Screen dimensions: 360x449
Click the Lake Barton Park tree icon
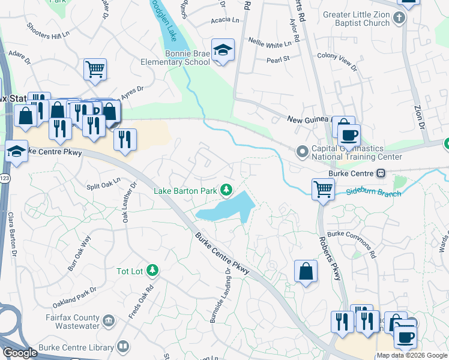tap(226, 191)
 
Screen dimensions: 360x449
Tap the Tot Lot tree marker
tap(152, 271)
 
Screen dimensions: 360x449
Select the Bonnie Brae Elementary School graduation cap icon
tap(223, 51)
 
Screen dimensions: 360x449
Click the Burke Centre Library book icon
tap(123, 347)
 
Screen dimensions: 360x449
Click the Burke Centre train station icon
tap(380, 173)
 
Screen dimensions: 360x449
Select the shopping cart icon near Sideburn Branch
tap(323, 190)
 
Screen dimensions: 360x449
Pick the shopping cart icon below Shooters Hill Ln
tap(95, 70)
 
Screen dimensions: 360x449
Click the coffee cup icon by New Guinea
tap(349, 134)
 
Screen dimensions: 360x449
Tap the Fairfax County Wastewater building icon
tap(109, 320)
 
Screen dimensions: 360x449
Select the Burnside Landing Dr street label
tap(220, 296)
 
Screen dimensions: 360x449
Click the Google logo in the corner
tap(20, 352)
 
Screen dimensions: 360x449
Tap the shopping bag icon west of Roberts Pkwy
tap(306, 271)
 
